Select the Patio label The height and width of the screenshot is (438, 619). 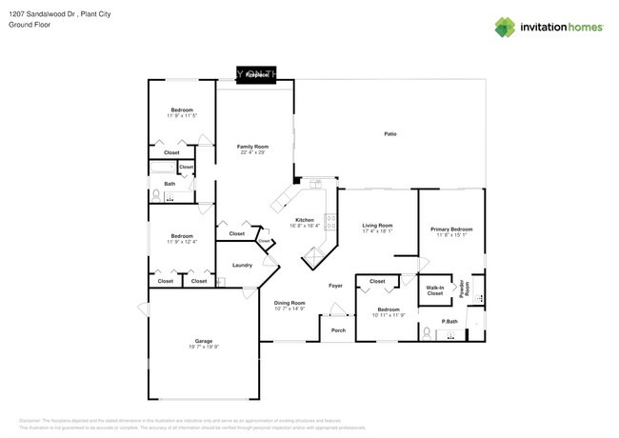(x=390, y=133)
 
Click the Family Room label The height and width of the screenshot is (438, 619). (x=252, y=147)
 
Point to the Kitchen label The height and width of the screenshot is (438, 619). (x=304, y=220)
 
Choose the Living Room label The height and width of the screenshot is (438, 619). (x=378, y=226)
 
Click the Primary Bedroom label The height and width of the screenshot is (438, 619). (x=451, y=229)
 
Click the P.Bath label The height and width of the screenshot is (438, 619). (x=437, y=321)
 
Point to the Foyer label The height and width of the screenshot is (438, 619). (x=336, y=285)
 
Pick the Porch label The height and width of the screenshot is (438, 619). (x=338, y=330)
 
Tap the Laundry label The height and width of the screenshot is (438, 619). (x=242, y=265)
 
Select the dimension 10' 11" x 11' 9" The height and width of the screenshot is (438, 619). (x=389, y=315)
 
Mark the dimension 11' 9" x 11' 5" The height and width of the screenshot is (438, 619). (x=182, y=116)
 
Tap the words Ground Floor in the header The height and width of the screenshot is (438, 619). (x=28, y=26)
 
